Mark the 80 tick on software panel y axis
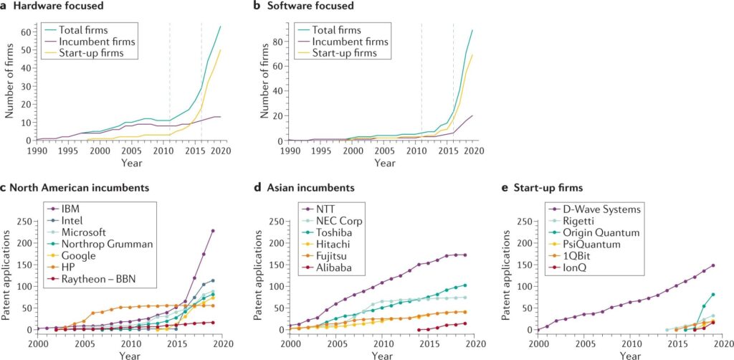[279, 43]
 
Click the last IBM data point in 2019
[213, 231]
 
